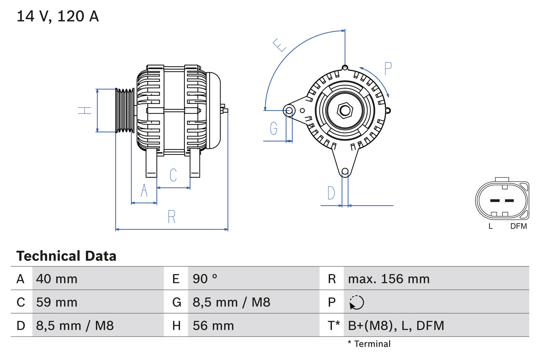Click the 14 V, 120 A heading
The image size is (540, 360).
click(58, 16)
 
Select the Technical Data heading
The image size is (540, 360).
click(66, 256)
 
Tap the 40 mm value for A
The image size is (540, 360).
click(57, 279)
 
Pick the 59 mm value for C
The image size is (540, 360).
click(57, 302)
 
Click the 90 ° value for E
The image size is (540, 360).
click(205, 279)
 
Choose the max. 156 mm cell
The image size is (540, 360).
click(389, 279)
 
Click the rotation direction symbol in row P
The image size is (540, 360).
click(356, 302)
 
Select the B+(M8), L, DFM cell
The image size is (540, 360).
click(396, 325)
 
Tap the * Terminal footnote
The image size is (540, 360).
click(369, 344)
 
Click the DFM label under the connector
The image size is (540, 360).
click(518, 226)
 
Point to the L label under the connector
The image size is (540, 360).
click(490, 226)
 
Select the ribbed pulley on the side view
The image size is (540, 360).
click(125, 111)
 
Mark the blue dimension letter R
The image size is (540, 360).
click(171, 217)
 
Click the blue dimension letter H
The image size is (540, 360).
click(85, 111)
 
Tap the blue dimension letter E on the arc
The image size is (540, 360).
click(279, 45)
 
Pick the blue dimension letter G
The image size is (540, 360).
click(274, 128)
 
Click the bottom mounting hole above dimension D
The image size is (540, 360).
click(345, 171)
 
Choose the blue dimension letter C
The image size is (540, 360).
click(173, 175)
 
